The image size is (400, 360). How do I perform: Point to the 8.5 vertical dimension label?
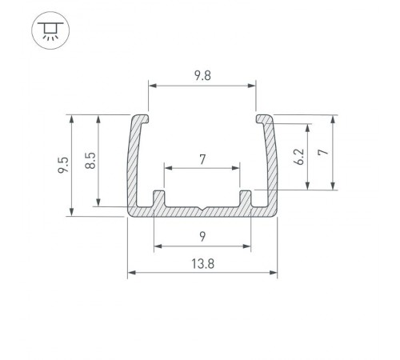click(x=90, y=160)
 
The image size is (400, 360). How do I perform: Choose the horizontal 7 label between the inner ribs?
click(x=202, y=159)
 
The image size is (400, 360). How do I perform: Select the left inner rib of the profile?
click(x=158, y=198)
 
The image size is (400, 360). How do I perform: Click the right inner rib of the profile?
click(x=246, y=198)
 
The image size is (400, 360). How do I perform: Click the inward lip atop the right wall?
click(x=262, y=119)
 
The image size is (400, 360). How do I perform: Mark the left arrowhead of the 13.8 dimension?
click(x=131, y=274)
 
